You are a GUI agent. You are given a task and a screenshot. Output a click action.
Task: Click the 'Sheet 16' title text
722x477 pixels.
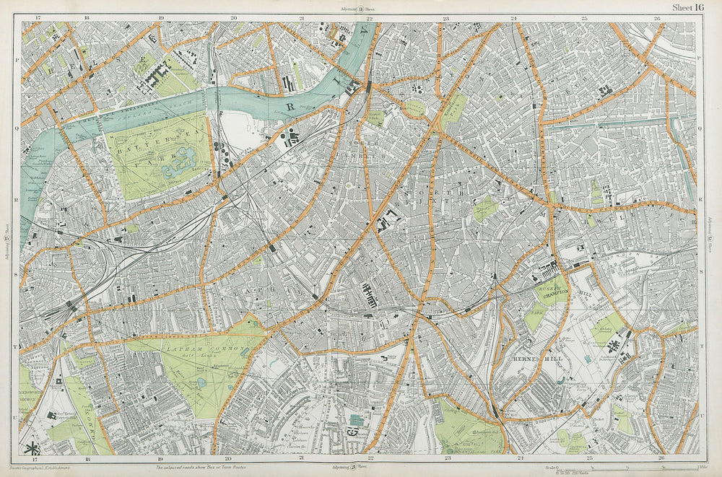click(x=687, y=7)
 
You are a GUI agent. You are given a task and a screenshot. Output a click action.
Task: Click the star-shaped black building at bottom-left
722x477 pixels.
click(x=31, y=447)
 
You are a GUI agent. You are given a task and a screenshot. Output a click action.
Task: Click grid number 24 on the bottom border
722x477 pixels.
click(x=519, y=458)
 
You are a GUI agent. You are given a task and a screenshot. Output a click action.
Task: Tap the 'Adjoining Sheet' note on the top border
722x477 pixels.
click(x=359, y=9)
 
